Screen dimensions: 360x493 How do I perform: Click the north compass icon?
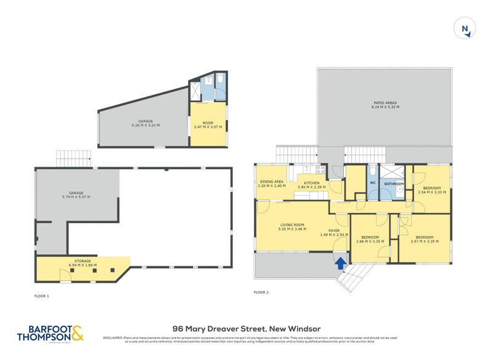coord(465,29)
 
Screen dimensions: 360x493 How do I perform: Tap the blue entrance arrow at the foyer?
coord(339,263)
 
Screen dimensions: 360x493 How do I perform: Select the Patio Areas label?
coord(385,105)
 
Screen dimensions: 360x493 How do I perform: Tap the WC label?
coord(372,183)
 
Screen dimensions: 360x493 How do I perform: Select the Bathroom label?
coord(394,183)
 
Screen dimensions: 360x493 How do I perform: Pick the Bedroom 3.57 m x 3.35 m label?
coord(425,239)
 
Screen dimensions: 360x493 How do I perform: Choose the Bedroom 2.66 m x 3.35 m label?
coord(370,239)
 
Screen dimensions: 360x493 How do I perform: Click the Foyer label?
coord(335,232)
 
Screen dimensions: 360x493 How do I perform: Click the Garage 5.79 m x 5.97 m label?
coord(77,195)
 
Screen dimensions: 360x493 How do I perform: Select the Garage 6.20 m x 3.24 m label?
coord(145,123)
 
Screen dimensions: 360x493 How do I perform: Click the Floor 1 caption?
coord(42,296)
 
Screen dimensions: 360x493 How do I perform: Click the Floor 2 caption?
coord(262,291)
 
